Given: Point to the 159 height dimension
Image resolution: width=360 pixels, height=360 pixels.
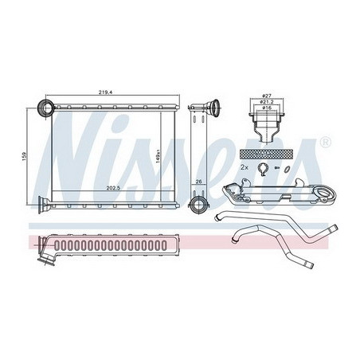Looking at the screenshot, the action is click(25, 155).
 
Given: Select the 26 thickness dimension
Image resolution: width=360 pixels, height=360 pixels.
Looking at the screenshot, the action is click(198, 182).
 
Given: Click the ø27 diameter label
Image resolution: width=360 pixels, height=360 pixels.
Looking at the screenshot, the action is click(266, 96).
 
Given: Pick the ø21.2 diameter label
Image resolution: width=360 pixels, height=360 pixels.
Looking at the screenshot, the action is click(266, 102).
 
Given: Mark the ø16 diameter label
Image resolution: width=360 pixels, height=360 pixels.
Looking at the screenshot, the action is click(267, 108).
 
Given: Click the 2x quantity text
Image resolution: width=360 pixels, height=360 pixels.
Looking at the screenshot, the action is click(244, 167).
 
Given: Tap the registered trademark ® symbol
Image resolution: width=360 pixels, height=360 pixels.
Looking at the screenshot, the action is click(326, 143).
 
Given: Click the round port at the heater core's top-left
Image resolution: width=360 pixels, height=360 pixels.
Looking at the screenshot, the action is click(47, 108).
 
